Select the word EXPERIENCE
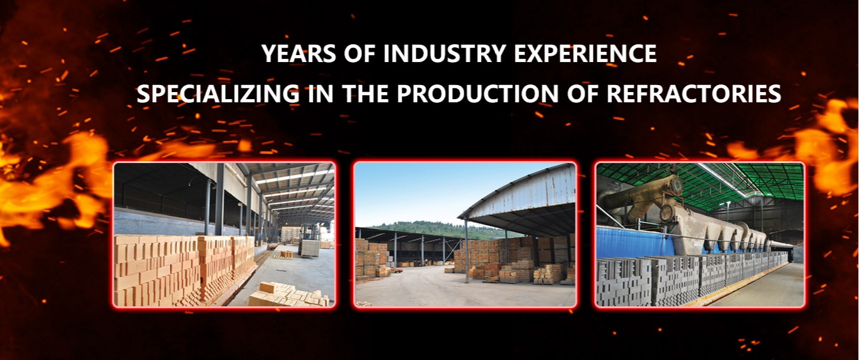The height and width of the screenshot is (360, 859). coord(585,54)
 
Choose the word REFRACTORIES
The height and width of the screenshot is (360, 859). coord(694,94)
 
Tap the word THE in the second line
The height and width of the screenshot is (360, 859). coord(365,94)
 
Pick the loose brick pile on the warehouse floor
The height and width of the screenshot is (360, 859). coord(288,294)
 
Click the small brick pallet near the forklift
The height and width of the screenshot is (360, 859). coord(286,254)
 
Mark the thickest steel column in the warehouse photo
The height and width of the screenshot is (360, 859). coord(219,200)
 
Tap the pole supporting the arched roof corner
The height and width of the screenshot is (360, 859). coord(466,251)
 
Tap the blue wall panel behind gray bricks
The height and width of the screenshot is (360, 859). coord(629,243)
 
